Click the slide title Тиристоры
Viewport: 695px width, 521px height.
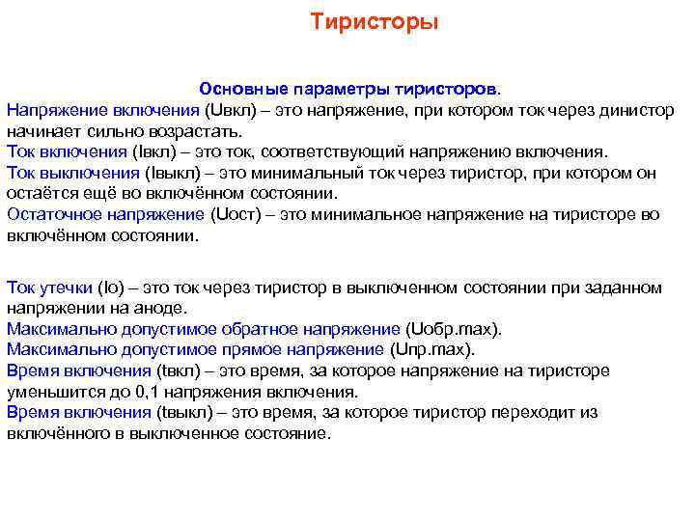coord(374,21)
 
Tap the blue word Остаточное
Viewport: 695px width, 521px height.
coord(51,214)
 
